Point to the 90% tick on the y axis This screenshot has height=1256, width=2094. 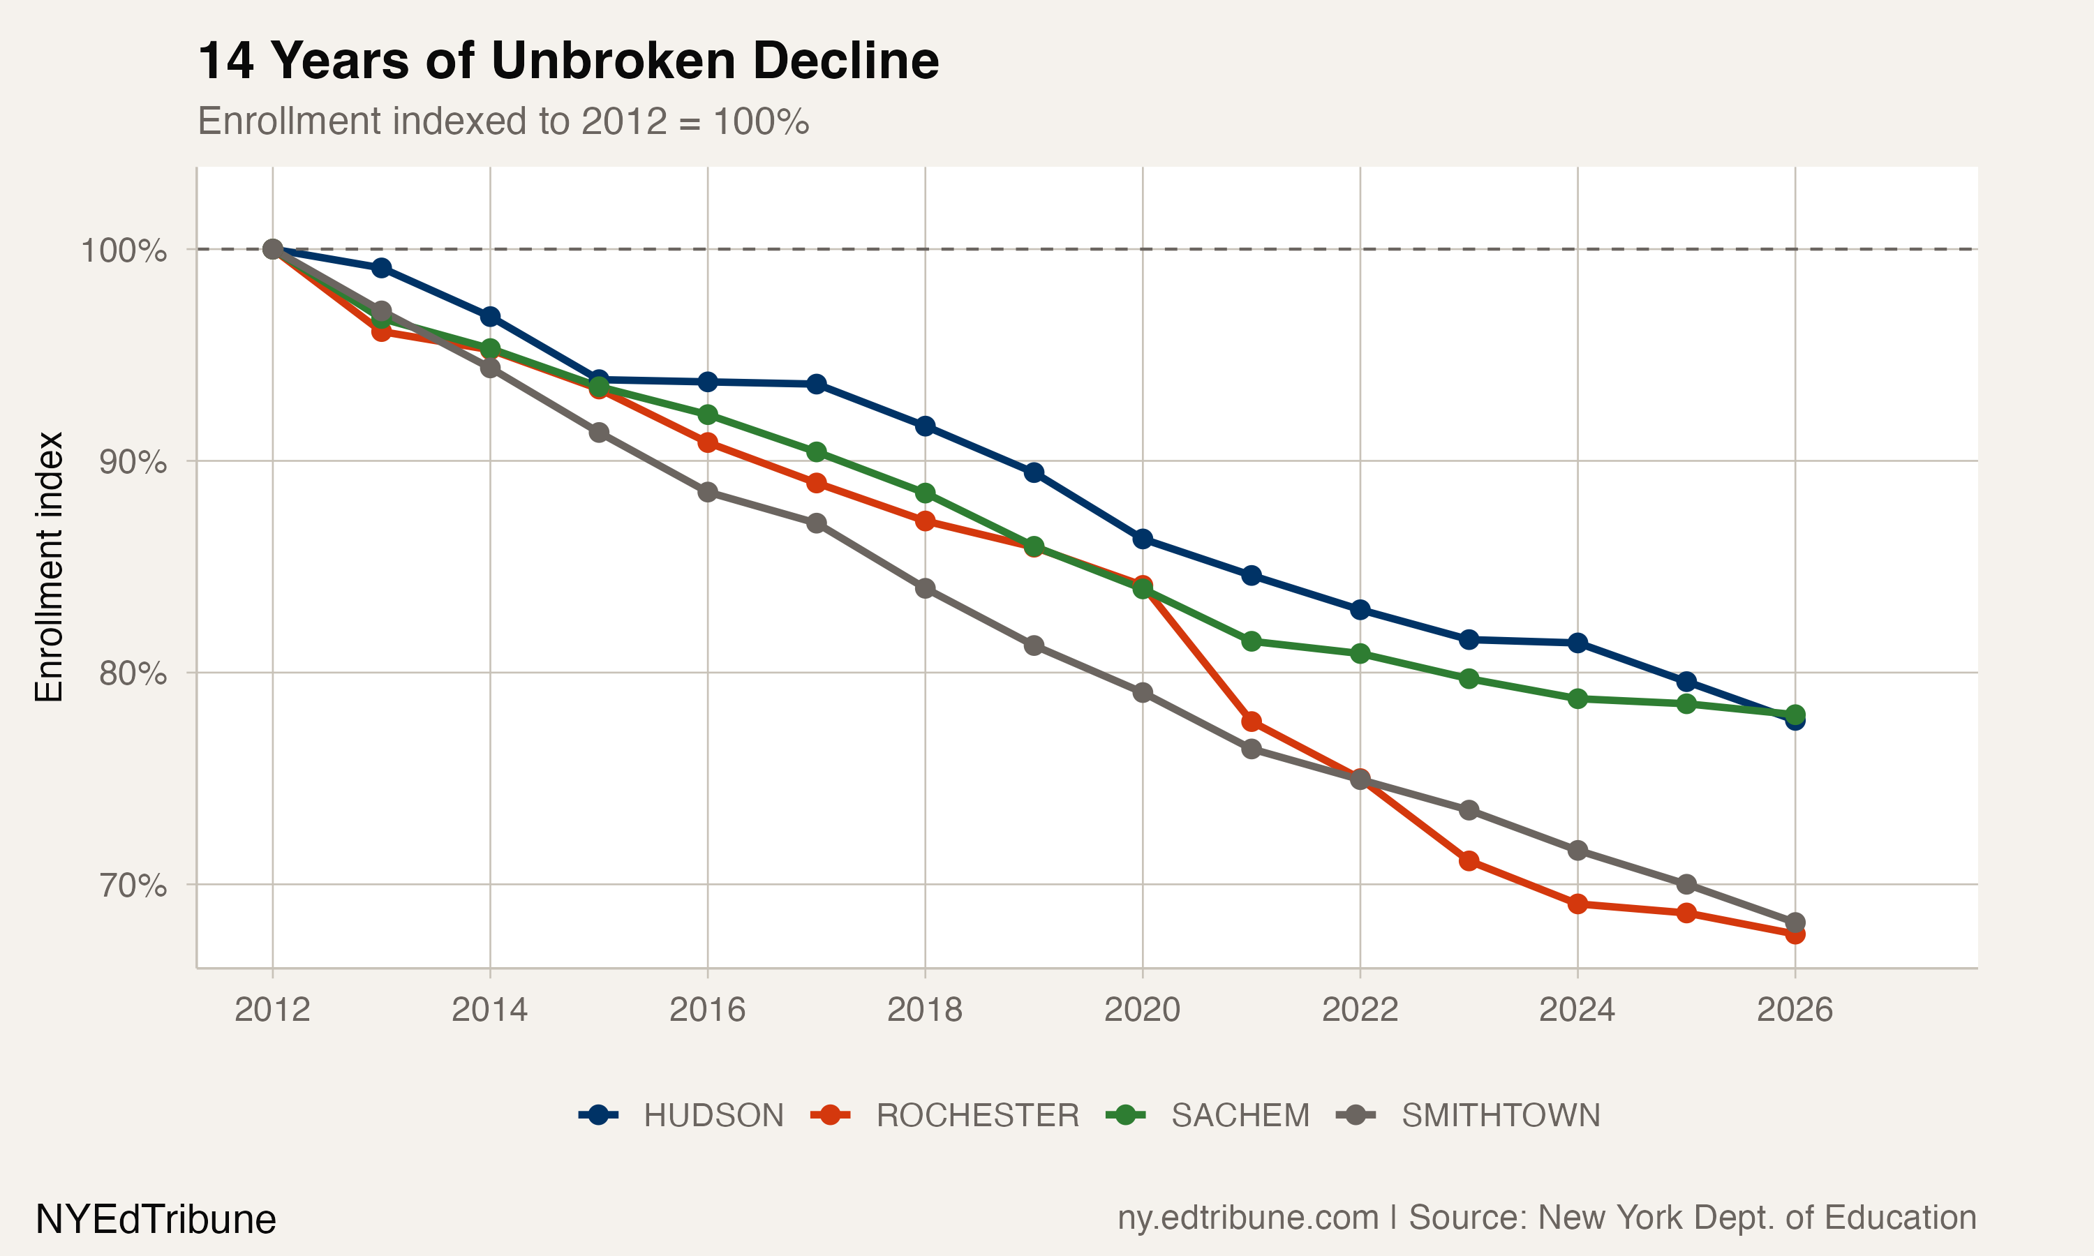coord(132,462)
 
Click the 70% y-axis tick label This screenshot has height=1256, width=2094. coord(132,885)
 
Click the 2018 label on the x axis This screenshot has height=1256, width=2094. coord(924,1010)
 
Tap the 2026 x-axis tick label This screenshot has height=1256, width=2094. coord(1795,1010)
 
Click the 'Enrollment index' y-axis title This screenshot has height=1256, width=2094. coord(49,567)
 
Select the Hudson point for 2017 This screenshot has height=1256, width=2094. coord(816,384)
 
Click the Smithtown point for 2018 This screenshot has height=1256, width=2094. coord(925,588)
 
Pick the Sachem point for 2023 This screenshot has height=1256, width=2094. coord(1469,679)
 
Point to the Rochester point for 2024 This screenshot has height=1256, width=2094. coord(1577,904)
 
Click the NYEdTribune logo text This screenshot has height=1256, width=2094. coord(156,1220)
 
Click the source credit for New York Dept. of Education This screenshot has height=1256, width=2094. coord(1546,1218)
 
